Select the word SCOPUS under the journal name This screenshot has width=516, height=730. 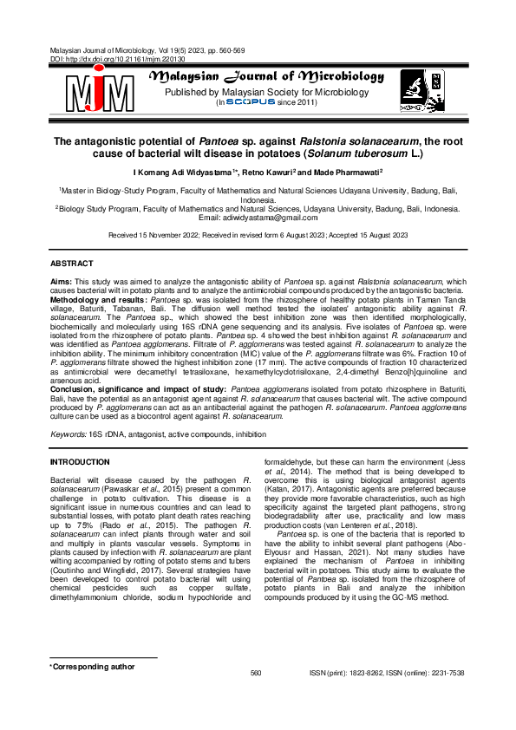pyautogui.click(x=250, y=101)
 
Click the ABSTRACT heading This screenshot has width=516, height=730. pyautogui.click(x=72, y=262)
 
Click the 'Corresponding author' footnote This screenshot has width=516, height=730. pyautogui.click(x=94, y=667)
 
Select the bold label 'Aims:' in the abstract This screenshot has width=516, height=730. pyautogui.click(x=61, y=283)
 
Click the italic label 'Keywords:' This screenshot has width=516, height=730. pyautogui.click(x=69, y=431)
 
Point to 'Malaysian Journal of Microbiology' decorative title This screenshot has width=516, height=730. pyautogui.click(x=267, y=76)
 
